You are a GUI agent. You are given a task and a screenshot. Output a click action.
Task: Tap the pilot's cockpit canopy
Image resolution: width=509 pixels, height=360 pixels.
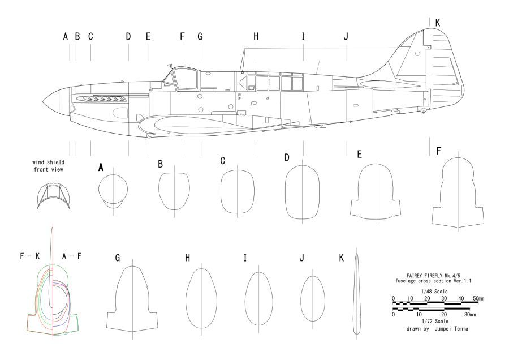(184, 79)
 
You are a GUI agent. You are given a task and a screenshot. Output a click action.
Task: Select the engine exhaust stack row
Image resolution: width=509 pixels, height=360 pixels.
(101, 98)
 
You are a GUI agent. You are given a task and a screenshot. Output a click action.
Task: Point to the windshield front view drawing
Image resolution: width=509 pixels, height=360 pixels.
(54, 195)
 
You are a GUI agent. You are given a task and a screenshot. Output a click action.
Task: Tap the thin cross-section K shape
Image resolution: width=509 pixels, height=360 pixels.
(356, 294)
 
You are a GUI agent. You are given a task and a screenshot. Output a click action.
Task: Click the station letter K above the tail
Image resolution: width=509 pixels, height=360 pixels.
(437, 23)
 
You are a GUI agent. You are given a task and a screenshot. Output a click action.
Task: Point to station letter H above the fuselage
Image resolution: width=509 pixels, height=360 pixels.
(256, 37)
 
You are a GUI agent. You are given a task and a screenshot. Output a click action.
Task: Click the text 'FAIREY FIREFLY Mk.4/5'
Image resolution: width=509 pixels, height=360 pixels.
(433, 276)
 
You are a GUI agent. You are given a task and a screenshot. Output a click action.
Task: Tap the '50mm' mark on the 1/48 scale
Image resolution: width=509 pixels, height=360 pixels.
(478, 298)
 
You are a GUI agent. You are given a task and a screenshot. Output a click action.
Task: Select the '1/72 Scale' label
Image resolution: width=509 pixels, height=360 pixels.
(435, 322)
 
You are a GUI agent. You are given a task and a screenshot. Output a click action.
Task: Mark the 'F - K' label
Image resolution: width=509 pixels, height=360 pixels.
(30, 256)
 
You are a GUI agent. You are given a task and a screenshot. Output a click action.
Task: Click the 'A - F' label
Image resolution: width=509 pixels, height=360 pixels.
(72, 256)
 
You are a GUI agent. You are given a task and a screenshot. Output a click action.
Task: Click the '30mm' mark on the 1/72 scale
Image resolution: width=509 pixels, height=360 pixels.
(470, 315)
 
